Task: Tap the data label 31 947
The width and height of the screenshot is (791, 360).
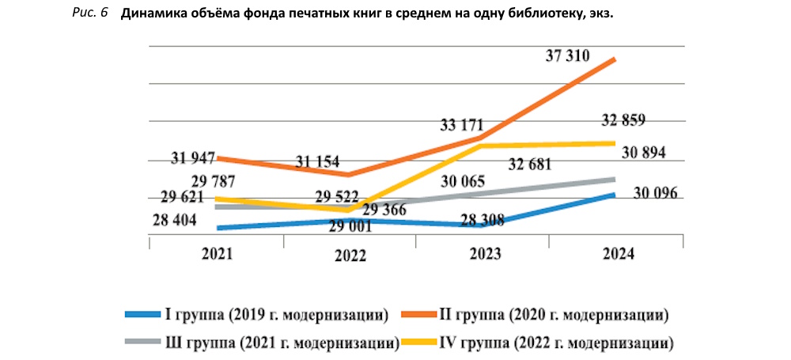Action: click(193, 157)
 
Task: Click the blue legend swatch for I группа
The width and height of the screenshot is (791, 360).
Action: click(142, 315)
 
